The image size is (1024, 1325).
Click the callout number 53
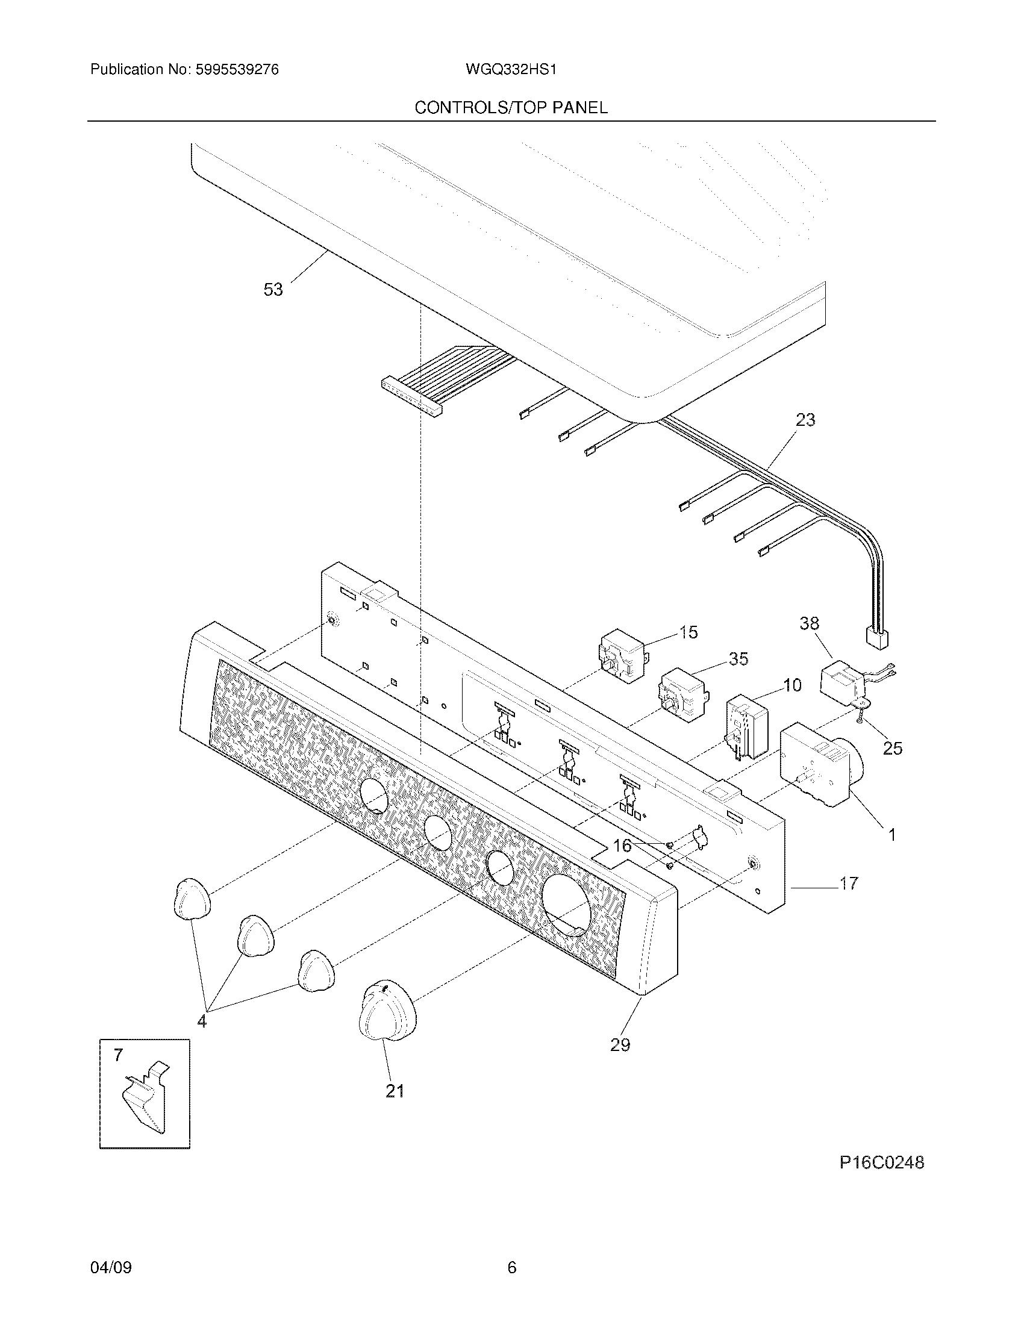coord(273,290)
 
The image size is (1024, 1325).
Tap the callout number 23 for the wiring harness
coord(805,419)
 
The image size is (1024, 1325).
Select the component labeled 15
coord(621,656)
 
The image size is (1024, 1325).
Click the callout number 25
coord(892,749)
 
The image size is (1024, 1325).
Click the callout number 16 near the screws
coord(622,846)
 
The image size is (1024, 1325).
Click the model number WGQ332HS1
coord(511,70)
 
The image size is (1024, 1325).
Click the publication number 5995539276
coord(237,70)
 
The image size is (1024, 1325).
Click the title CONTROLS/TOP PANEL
coord(511,108)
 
